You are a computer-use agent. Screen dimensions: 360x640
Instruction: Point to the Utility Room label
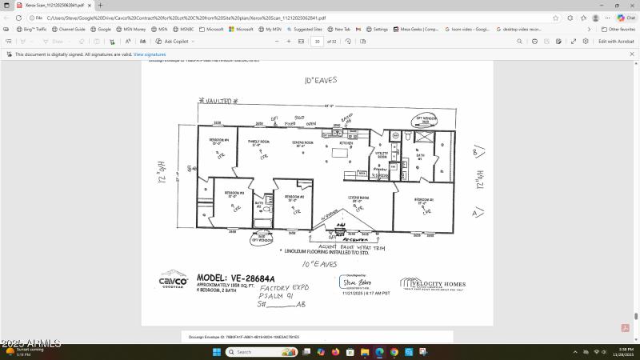[382, 154]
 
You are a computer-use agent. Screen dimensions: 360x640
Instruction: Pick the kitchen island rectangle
[341, 152]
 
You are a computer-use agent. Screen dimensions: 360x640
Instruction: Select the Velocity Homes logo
[433, 286]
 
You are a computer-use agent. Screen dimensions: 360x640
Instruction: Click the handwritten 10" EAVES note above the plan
[320, 81]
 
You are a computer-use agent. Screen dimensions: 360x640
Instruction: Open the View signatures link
[150, 54]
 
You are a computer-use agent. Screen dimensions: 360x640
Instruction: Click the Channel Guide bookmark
[70, 29]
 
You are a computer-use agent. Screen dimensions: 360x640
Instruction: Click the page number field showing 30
[318, 41]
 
